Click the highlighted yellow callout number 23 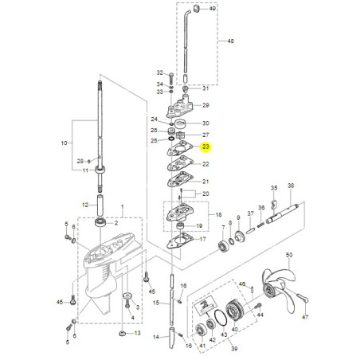click(205, 147)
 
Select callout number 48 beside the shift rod click(231, 41)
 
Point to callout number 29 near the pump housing click(205, 105)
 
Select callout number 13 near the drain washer click(137, 333)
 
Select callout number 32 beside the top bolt click(160, 72)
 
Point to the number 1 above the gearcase click(122, 207)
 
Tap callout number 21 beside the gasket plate click(205, 182)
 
